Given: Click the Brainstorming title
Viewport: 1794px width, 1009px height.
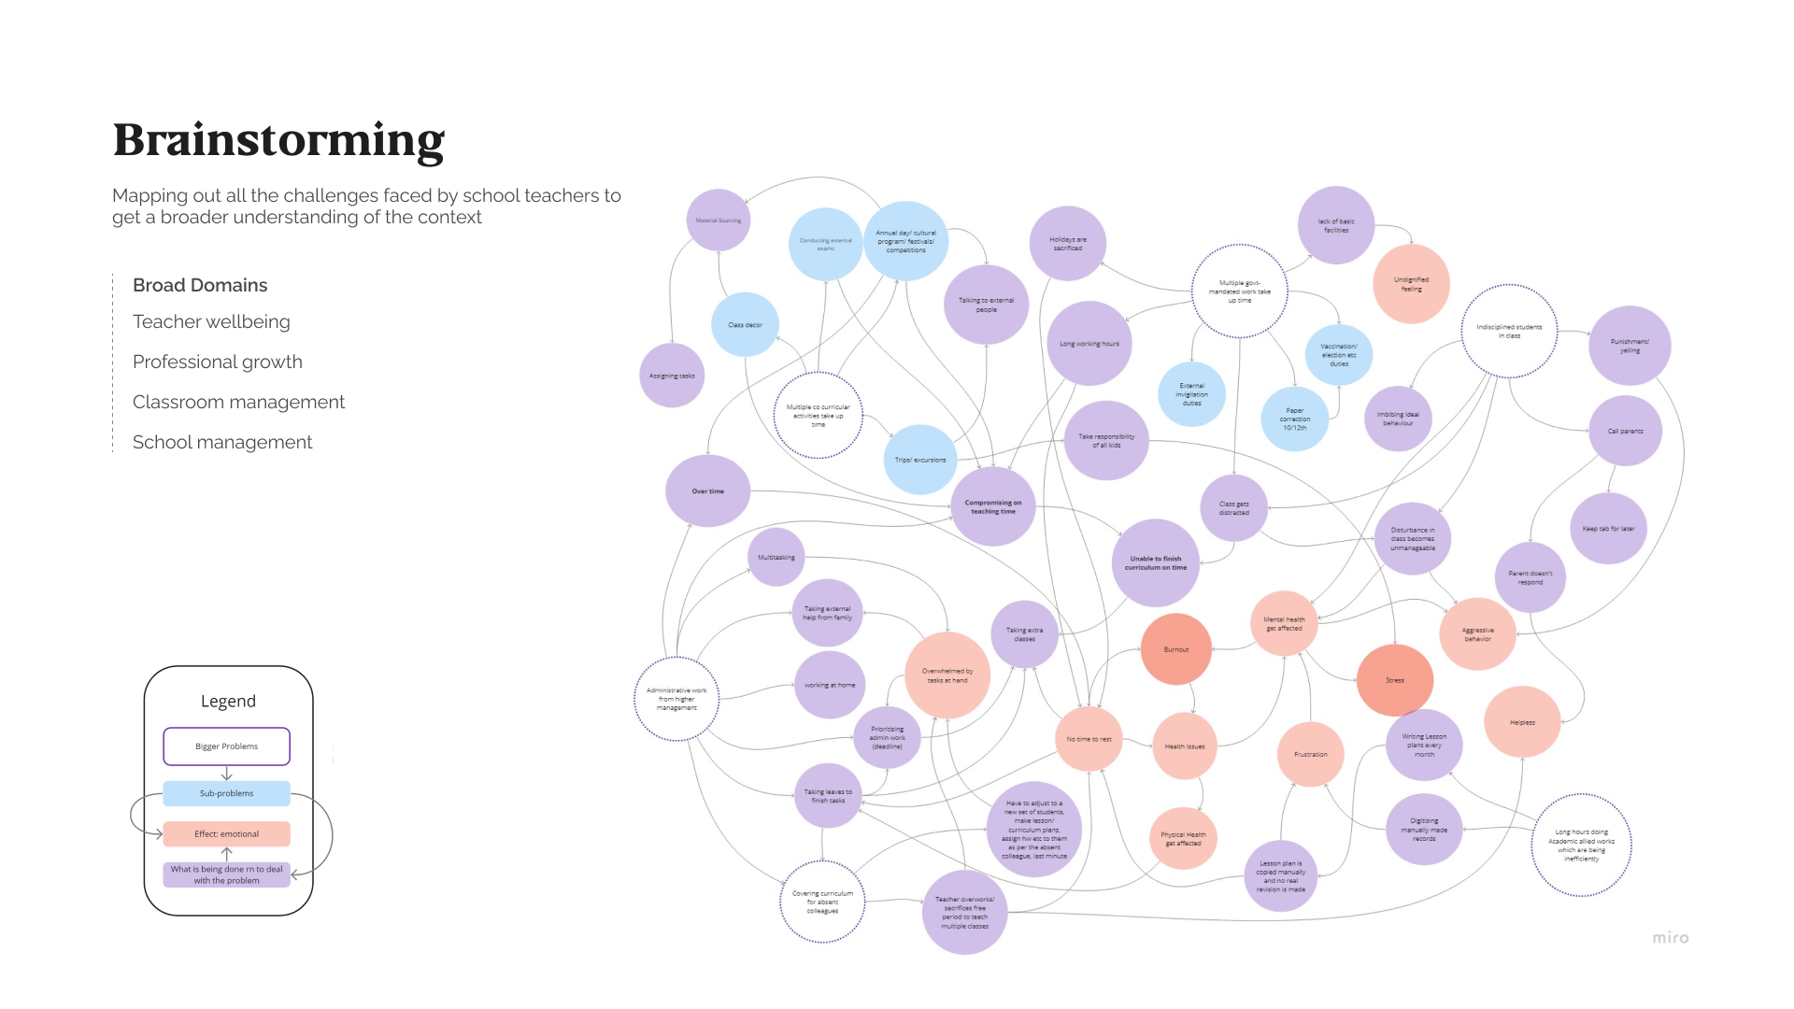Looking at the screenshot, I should [x=278, y=140].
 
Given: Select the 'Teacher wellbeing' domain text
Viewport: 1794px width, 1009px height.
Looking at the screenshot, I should [x=211, y=321].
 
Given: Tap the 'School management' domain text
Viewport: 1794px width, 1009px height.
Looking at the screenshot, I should [x=222, y=442].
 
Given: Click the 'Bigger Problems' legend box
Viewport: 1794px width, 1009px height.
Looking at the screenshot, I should [x=226, y=746].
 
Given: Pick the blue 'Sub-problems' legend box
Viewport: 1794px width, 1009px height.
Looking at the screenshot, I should [x=226, y=793].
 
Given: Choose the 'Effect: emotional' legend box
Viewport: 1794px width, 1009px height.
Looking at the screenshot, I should [x=226, y=833].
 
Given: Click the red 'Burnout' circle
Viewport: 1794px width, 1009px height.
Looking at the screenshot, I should [x=1175, y=649].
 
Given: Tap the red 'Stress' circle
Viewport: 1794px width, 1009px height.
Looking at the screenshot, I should [x=1394, y=680].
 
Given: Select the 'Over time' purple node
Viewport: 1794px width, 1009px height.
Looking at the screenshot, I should [x=707, y=491].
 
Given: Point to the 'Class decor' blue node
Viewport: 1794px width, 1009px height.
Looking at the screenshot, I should [x=745, y=325].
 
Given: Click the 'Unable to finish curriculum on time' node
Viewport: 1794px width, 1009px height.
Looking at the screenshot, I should [x=1155, y=562].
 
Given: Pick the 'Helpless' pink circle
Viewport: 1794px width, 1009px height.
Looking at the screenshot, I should [x=1521, y=722].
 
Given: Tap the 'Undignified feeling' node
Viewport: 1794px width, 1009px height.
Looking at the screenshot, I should [x=1411, y=284].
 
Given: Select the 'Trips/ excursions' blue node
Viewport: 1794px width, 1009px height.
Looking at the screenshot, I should [x=919, y=460].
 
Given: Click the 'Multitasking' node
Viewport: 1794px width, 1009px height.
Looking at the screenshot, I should [x=776, y=557].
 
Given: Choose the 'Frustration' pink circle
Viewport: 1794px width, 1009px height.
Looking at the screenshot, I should [x=1310, y=754].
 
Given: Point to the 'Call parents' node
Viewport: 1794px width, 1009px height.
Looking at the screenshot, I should [x=1625, y=431].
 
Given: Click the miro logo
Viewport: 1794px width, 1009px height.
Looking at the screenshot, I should [x=1670, y=937].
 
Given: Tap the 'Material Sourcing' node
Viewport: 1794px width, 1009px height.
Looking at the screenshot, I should [x=718, y=220].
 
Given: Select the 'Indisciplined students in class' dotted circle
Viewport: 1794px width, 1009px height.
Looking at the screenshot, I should [x=1509, y=331].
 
